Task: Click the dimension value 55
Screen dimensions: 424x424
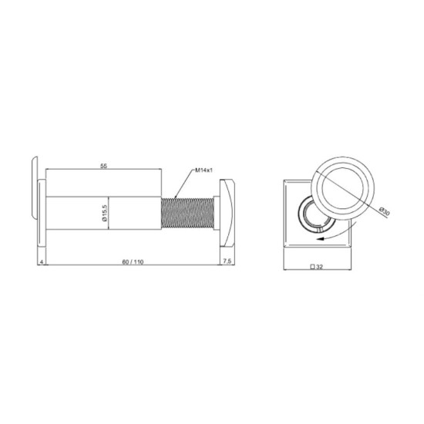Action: tap(104, 166)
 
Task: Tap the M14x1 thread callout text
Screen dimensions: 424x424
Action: tap(204, 170)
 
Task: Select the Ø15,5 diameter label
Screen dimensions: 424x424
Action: tap(105, 213)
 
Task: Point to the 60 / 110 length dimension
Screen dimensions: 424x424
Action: tap(133, 262)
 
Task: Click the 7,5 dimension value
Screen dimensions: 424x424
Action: tap(227, 261)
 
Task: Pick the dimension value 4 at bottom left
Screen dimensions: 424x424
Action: tap(42, 262)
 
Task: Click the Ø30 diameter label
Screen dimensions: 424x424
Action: tap(384, 211)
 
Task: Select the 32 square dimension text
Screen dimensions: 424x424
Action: tap(319, 267)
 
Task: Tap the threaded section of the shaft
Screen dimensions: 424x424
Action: tap(187, 213)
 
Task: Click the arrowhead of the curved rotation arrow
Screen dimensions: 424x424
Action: tap(321, 239)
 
